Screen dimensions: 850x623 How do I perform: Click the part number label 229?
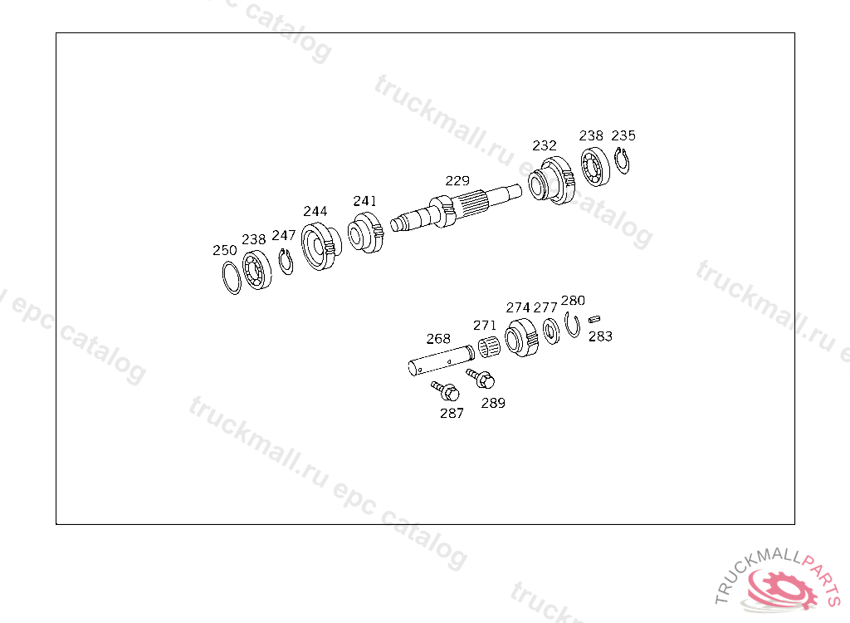click(457, 181)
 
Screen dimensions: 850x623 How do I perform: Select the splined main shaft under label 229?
click(456, 208)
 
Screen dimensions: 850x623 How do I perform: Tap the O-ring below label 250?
click(232, 277)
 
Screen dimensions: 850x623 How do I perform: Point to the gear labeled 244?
click(321, 246)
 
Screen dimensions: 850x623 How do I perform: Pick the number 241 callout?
click(365, 201)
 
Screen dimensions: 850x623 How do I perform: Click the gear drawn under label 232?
click(551, 181)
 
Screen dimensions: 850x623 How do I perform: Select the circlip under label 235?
click(622, 160)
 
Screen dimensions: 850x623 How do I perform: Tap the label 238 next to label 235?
click(591, 135)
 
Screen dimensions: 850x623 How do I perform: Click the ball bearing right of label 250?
click(257, 270)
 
